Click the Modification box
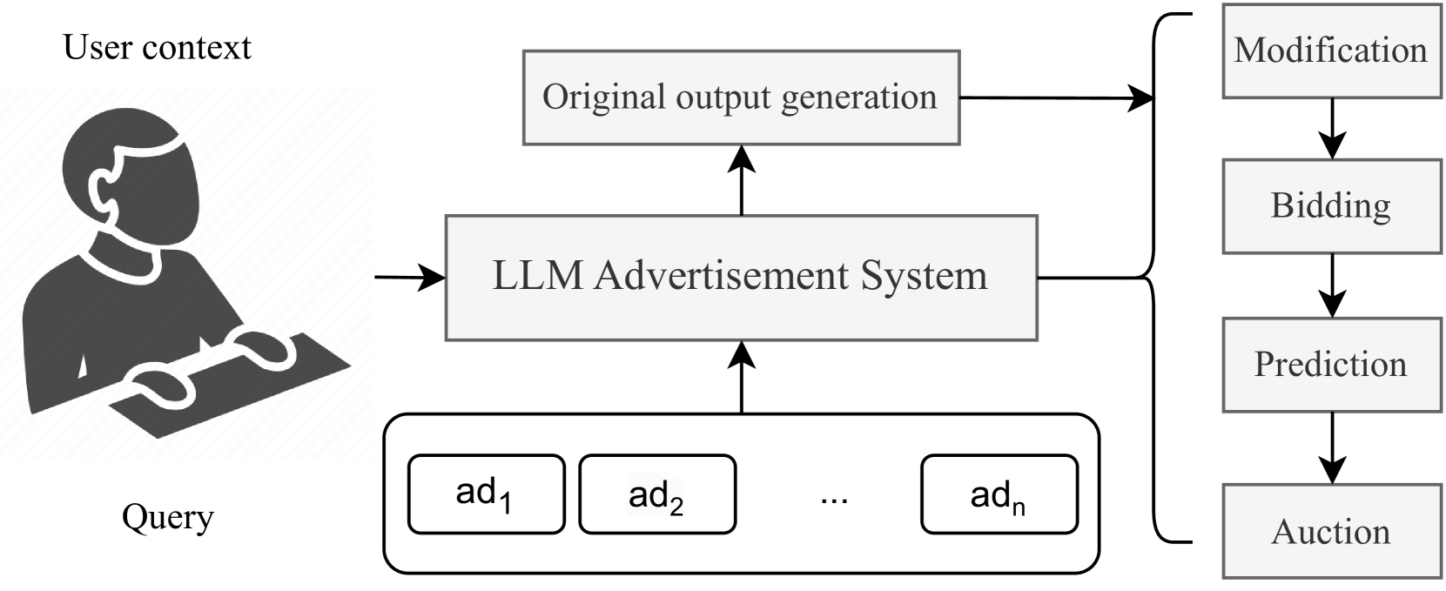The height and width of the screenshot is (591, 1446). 1331,50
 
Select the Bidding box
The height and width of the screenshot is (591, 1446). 1331,206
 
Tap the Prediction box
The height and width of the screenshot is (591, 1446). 1331,365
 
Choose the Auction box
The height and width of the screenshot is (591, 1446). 1331,532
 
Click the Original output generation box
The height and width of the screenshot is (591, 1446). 740,97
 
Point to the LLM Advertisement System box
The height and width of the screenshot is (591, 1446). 740,277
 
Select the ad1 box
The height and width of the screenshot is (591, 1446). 486,494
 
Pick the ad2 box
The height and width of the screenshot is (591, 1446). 656,494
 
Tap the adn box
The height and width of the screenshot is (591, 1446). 999,494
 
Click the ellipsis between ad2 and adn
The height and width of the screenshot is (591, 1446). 834,498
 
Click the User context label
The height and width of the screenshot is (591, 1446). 157,47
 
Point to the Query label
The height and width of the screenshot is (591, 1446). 167,517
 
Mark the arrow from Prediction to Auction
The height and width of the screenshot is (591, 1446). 1332,447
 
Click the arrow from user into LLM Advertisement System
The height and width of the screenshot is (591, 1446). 409,278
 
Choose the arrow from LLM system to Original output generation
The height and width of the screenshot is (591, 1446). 741,180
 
